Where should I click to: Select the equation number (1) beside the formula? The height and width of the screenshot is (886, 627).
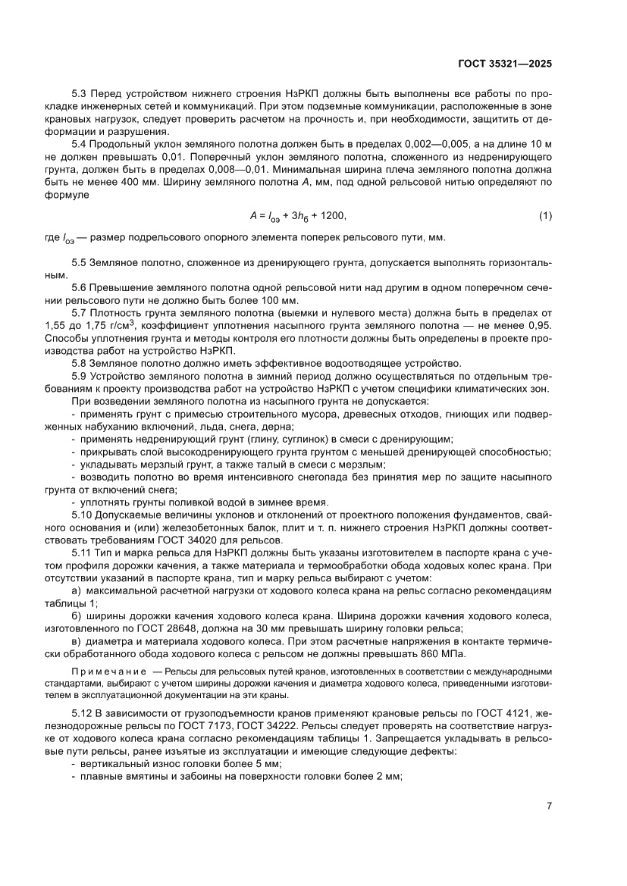(545, 217)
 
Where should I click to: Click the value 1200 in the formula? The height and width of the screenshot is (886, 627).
(332, 217)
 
